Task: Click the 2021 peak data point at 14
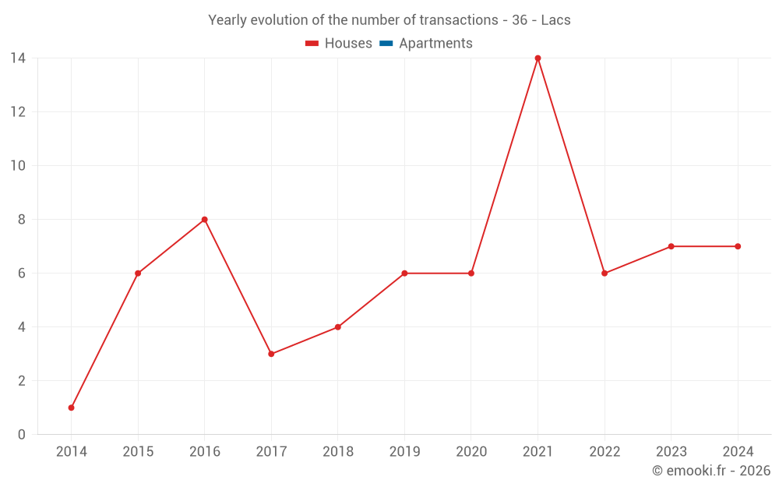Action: [538, 58]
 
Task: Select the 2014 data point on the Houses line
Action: [72, 408]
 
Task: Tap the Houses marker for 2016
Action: [205, 220]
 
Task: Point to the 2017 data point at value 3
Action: [271, 354]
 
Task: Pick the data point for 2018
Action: [338, 327]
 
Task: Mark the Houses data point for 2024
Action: [738, 246]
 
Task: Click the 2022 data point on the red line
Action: [605, 273]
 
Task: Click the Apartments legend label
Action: [435, 44]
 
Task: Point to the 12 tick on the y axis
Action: [18, 112]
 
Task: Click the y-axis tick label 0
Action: [22, 435]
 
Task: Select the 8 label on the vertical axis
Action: [22, 220]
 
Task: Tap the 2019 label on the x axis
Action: [404, 452]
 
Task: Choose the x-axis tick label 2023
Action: [671, 452]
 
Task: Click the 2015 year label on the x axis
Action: [138, 452]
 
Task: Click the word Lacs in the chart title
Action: [555, 20]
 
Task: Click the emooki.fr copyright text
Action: [711, 471]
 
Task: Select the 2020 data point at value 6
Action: [471, 273]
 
